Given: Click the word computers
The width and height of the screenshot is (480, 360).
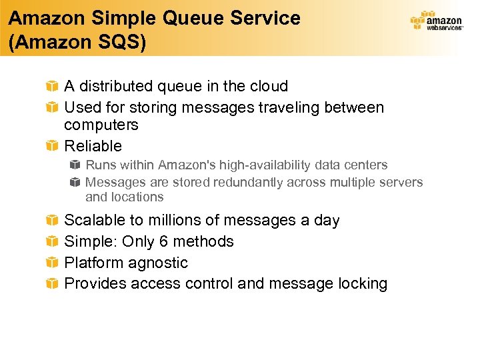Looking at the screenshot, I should pos(101,125).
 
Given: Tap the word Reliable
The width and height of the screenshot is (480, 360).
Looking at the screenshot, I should pos(93,146).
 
